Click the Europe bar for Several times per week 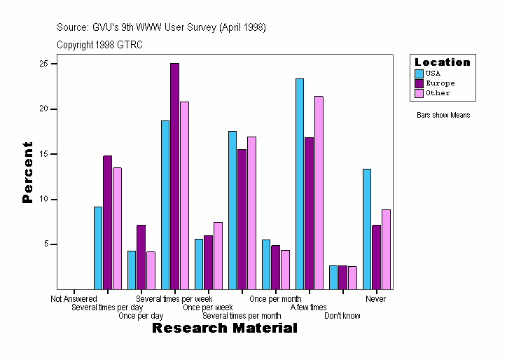(174, 176)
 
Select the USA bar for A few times (300, 184)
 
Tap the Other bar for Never (386, 249)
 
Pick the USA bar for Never (367, 228)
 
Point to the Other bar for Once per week (218, 255)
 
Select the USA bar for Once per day (132, 270)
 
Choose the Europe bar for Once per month (275, 267)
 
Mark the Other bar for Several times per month (251, 212)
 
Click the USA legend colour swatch (419, 74)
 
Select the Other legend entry (438, 93)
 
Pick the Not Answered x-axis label (74, 299)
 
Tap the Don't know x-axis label (342, 316)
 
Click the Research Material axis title (224, 328)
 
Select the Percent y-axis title (27, 172)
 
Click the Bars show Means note (443, 115)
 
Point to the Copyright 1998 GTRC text (100, 44)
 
